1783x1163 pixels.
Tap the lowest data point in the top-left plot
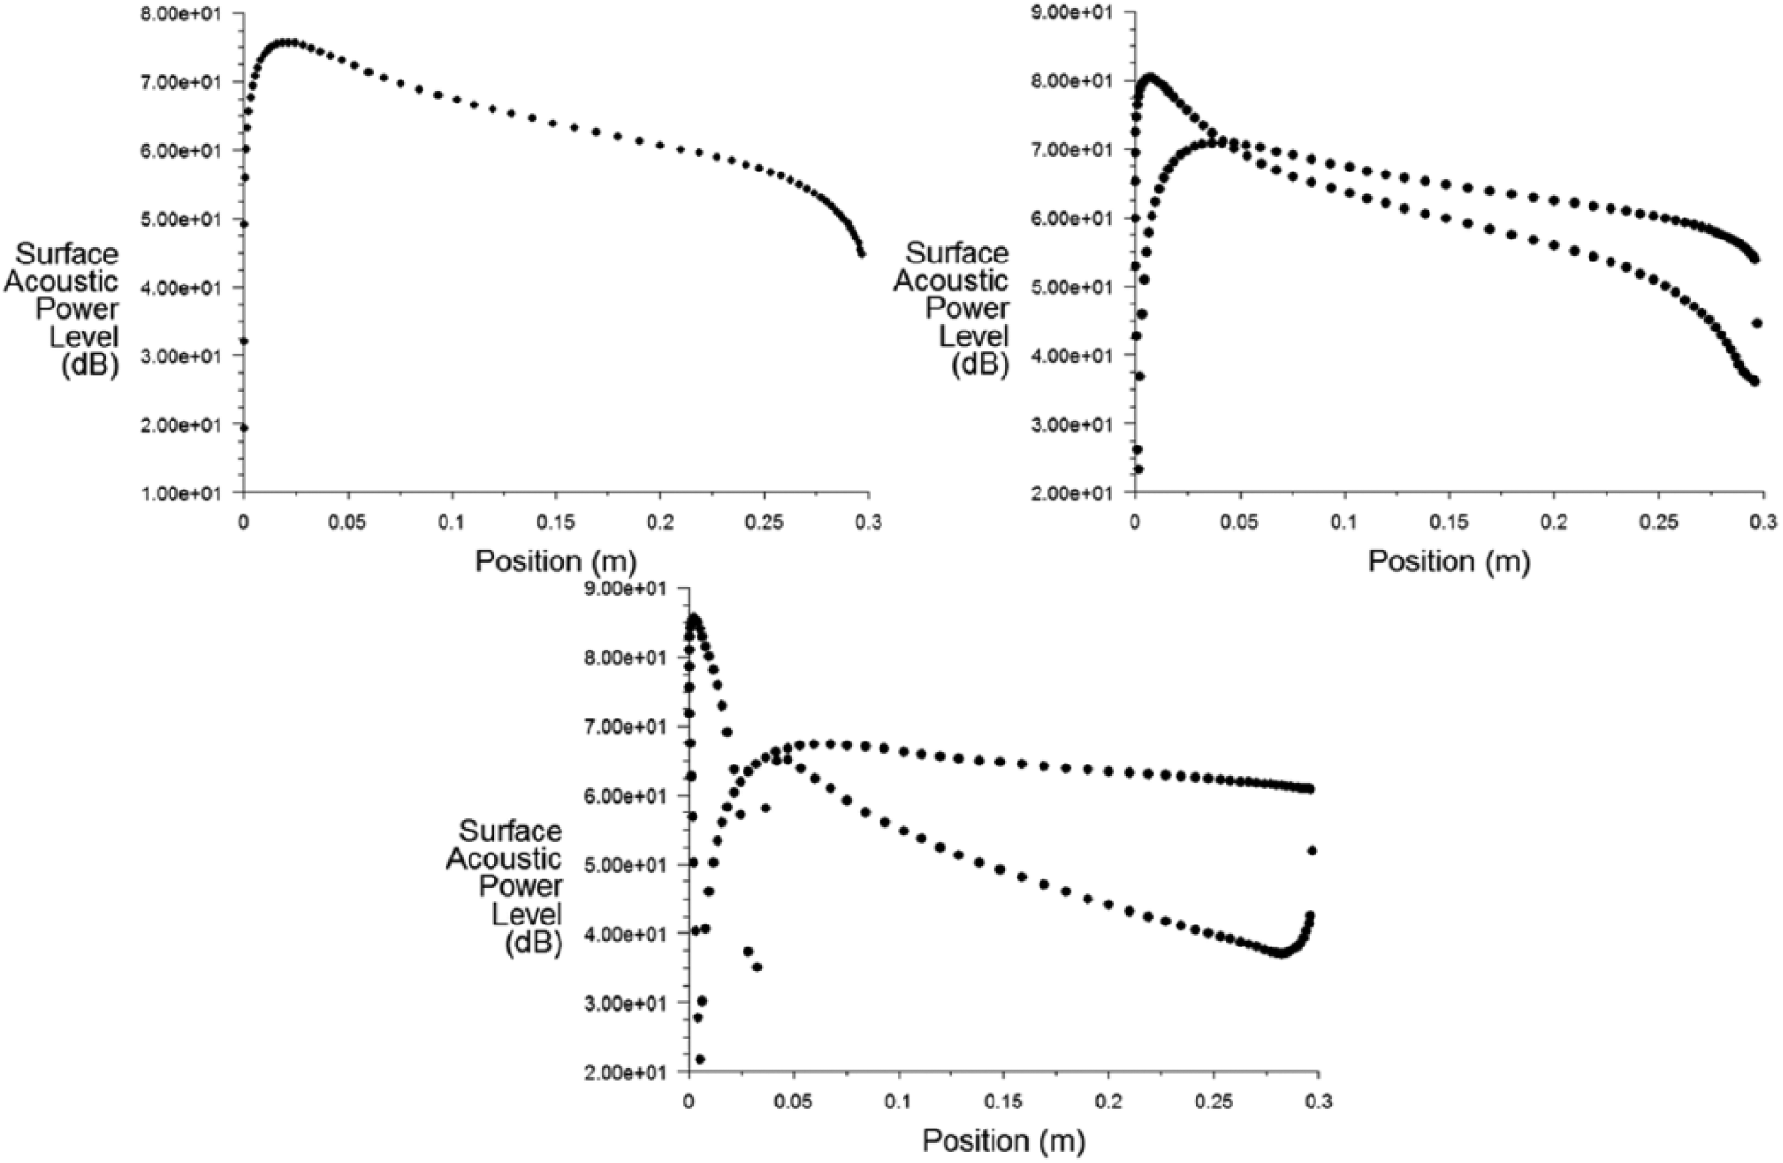[244, 428]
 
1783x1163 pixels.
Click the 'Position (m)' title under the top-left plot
[556, 560]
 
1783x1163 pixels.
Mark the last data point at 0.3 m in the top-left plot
[861, 253]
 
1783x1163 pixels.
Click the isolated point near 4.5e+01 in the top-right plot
[1757, 323]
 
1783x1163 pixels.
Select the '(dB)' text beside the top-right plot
[980, 365]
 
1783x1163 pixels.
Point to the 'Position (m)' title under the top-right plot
[1449, 560]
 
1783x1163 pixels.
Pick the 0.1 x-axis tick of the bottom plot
[899, 1101]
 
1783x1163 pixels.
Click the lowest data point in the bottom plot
[700, 1060]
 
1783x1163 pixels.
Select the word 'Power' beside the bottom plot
[520, 886]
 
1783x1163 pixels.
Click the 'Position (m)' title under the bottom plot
[1003, 1140]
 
